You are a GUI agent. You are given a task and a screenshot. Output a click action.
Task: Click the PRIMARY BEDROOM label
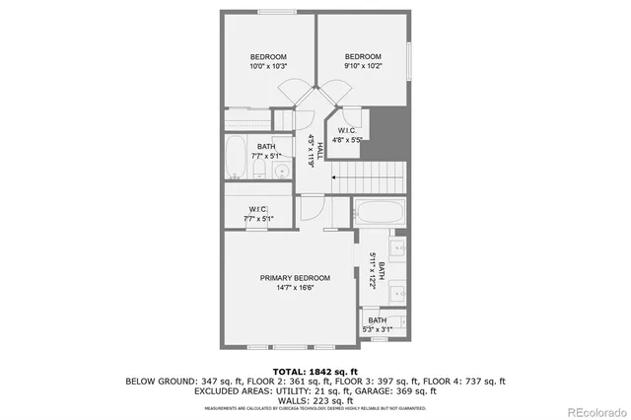pos(295,278)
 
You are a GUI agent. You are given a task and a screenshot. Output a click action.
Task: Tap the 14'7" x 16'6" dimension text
pos(295,288)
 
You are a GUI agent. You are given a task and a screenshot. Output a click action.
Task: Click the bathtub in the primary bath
pos(379,210)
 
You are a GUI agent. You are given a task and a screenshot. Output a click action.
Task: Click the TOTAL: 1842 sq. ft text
pos(315,370)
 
